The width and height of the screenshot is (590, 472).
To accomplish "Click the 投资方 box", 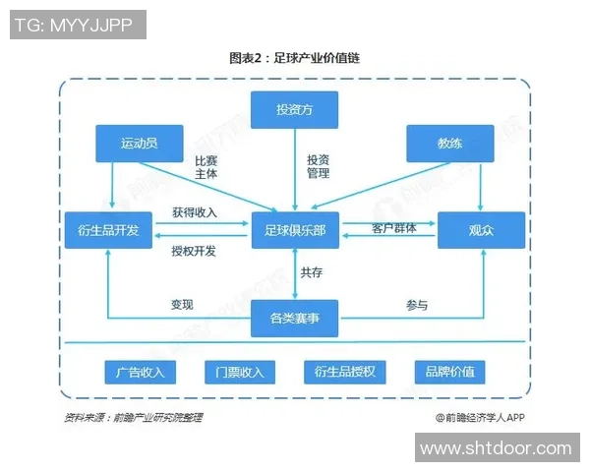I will (x=295, y=108).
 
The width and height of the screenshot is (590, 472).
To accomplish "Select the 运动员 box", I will (x=139, y=143).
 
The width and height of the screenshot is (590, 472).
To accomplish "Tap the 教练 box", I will (x=449, y=143).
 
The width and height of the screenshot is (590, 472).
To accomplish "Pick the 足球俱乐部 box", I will (x=295, y=229).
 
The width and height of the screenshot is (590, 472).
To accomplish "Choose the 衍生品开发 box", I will (x=108, y=229).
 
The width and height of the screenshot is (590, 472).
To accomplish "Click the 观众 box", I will (x=481, y=229).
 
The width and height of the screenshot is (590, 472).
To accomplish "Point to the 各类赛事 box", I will (x=295, y=318).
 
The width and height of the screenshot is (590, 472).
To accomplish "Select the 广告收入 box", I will (x=140, y=372).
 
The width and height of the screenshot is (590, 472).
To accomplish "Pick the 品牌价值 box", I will (x=449, y=372).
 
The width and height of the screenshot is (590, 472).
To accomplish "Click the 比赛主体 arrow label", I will (x=206, y=166).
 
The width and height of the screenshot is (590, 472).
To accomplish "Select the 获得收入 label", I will (x=194, y=212).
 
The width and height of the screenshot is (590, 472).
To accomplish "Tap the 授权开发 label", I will (x=194, y=251).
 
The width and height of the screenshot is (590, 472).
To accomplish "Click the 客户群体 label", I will (x=393, y=228).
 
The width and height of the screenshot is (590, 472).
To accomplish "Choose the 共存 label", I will (x=312, y=272).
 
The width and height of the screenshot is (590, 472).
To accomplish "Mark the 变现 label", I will (x=182, y=305).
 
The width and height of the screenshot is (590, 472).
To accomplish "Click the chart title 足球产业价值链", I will (x=295, y=58).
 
